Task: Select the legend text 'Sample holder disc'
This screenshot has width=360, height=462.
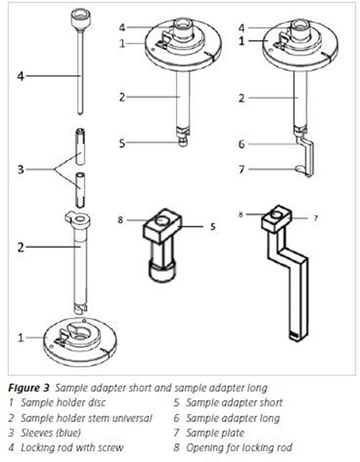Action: [63, 403]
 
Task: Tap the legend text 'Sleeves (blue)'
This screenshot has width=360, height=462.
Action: [51, 433]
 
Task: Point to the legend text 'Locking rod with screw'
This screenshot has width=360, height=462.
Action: [72, 447]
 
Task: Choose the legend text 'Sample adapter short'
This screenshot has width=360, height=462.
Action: [234, 403]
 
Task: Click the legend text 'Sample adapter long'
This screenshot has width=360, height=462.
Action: [232, 418]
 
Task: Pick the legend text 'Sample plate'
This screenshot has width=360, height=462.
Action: [215, 433]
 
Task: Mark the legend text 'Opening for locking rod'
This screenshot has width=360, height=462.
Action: [238, 447]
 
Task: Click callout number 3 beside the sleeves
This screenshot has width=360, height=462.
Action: [20, 170]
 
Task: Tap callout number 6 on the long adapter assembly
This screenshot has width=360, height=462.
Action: [241, 144]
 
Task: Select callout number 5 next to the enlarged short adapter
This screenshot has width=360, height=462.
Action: [213, 226]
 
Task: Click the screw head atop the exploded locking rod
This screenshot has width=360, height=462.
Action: [81, 19]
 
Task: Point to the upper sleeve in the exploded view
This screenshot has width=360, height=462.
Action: [80, 147]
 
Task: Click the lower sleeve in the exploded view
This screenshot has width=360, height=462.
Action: [80, 190]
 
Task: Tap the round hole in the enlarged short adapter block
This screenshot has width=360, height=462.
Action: [161, 221]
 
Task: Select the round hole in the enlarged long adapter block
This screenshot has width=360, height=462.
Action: [277, 213]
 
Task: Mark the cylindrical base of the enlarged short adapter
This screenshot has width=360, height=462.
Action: [162, 271]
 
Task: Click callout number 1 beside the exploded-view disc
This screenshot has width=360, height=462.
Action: [20, 338]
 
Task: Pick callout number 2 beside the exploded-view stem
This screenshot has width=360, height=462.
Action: [20, 247]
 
